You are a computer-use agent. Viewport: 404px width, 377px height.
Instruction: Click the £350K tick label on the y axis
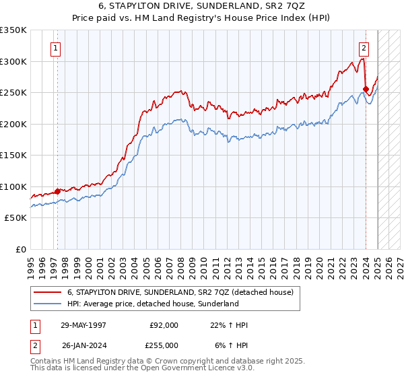pos(13,30)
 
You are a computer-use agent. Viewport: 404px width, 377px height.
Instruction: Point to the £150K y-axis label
pos(13,155)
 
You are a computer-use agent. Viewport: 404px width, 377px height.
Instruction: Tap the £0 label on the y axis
pos(21,249)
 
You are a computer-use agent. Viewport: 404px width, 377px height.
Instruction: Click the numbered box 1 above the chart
pos(54,48)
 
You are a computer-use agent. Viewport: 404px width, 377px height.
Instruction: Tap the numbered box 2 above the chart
pos(364,48)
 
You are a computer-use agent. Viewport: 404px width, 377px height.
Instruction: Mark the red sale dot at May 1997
pos(57,191)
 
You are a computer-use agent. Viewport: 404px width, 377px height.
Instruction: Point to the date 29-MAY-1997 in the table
pos(83,325)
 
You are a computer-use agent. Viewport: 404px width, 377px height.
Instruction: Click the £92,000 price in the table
pos(164,325)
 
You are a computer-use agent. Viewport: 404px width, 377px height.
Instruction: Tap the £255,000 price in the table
pos(164,345)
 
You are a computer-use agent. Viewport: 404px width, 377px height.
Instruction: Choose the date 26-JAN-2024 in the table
pos(83,345)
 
